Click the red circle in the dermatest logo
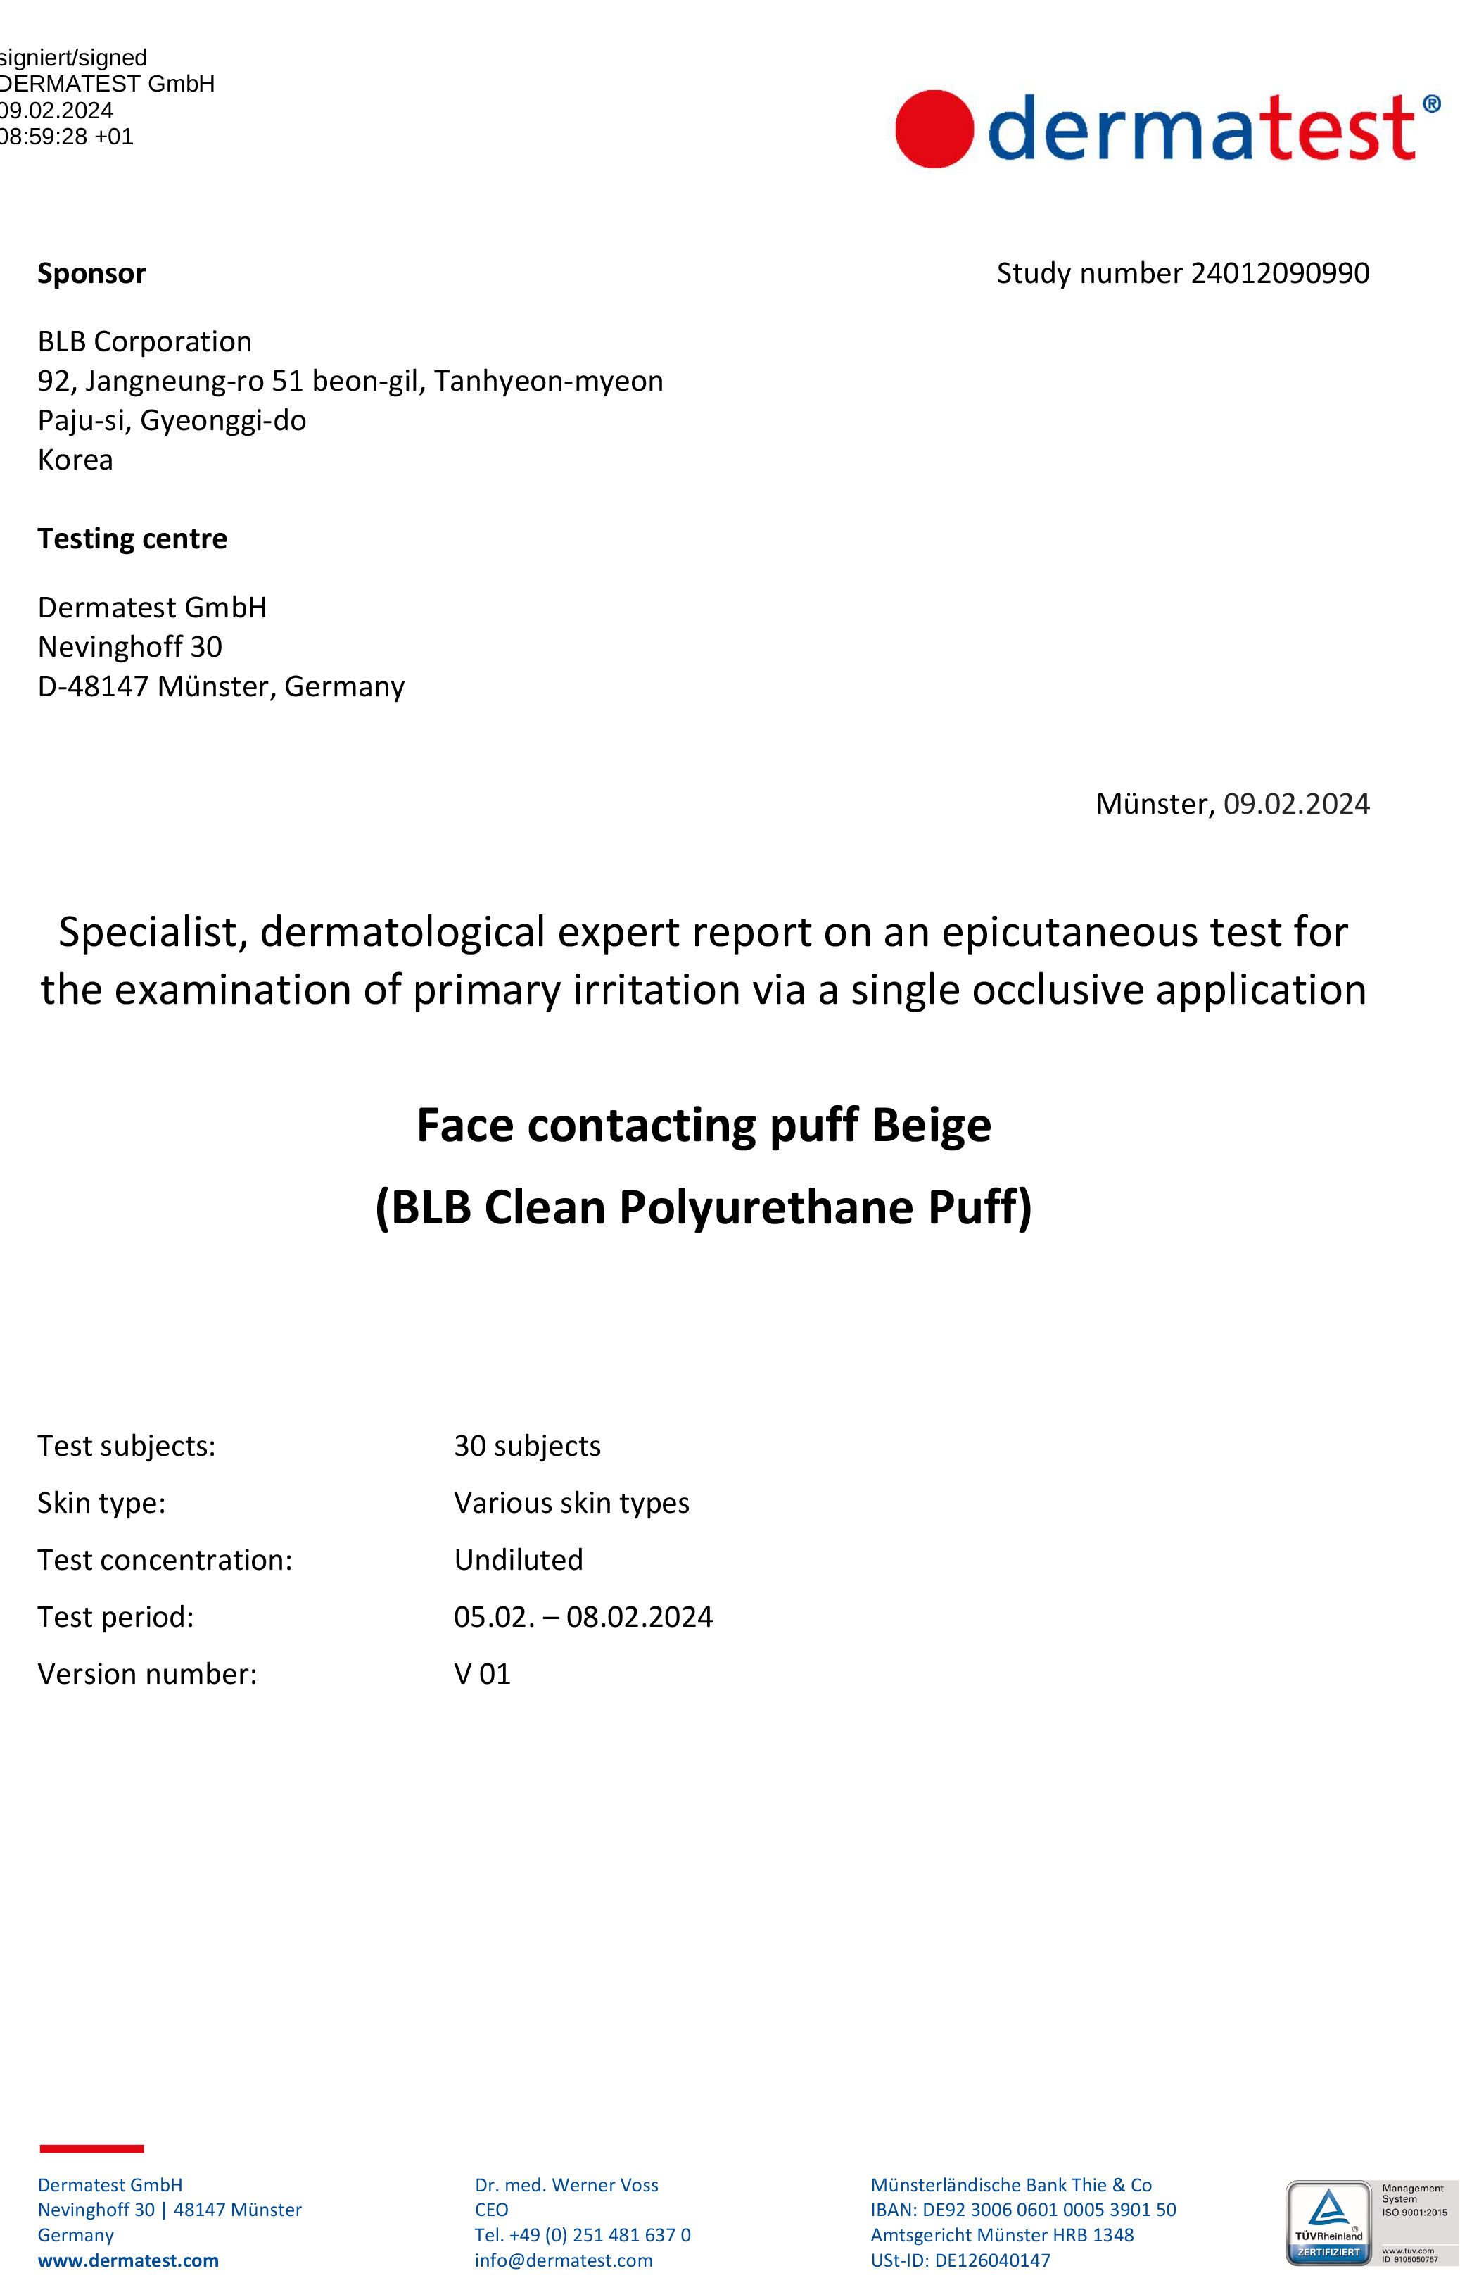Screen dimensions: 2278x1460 click(934, 129)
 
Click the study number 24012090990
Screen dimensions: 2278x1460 click(1279, 273)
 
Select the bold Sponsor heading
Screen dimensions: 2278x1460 click(92, 273)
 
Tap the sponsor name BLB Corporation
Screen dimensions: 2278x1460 click(145, 341)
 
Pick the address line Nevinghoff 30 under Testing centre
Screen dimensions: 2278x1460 click(130, 647)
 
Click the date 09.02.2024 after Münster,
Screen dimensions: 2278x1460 click(1296, 804)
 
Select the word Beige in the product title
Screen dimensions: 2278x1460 click(931, 1126)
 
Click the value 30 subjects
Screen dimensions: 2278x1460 click(527, 1446)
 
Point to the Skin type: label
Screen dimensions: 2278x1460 click(101, 1503)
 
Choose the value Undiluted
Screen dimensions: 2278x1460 click(519, 1560)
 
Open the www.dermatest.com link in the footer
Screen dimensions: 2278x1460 click(128, 2260)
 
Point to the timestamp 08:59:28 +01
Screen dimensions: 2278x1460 click(66, 137)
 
